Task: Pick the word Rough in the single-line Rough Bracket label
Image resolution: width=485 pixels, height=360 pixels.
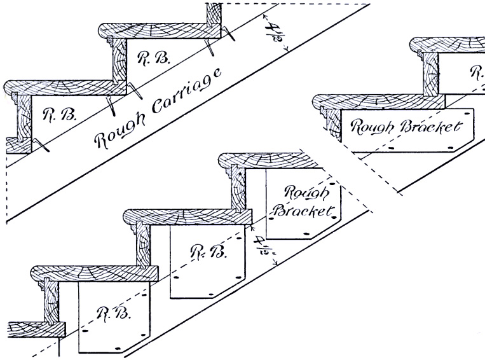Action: [x=372, y=126]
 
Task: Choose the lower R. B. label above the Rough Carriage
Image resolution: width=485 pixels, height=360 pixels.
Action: [x=55, y=114]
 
